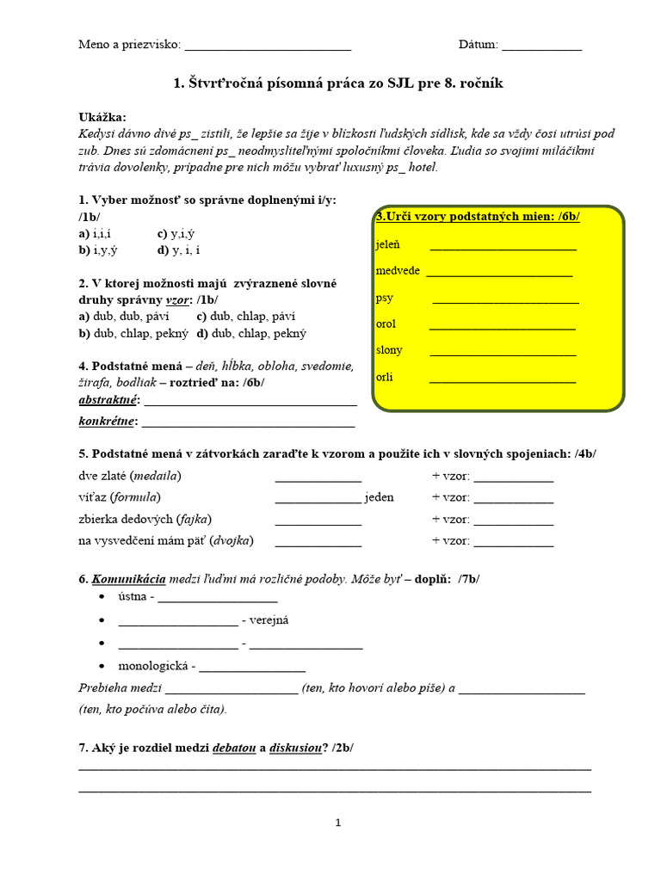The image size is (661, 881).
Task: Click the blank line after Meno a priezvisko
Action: coord(268,46)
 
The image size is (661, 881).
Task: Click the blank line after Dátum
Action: coord(541,46)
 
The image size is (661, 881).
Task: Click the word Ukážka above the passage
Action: coord(102,117)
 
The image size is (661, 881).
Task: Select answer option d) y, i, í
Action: coord(182,250)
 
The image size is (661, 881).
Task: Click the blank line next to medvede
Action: coord(499,273)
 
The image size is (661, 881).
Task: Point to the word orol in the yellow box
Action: coord(386,324)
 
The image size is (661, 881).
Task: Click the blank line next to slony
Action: coord(503,351)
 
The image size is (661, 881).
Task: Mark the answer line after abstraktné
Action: coord(250,402)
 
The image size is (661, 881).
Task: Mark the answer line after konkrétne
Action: coord(248,422)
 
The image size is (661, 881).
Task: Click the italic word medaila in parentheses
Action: coord(156,476)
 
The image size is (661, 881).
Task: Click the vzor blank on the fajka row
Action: coord(513,521)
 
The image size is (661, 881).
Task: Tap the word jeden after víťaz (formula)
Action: coord(379,497)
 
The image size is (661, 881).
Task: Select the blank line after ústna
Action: coord(218,598)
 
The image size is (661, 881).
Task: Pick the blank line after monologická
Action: coord(252,667)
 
